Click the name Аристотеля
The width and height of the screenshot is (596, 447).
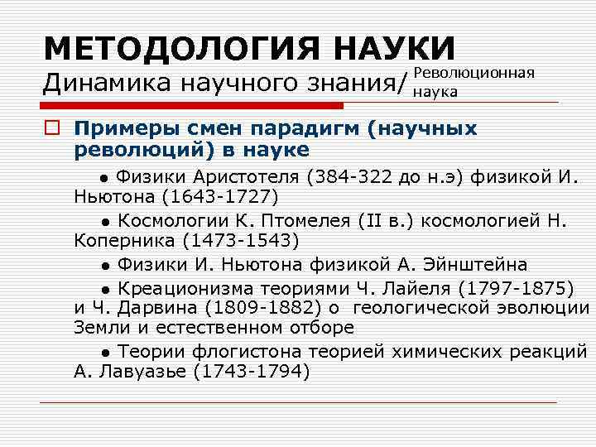click(x=246, y=176)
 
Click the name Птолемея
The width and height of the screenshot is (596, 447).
click(x=302, y=220)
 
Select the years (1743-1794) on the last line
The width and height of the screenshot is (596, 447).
click(x=251, y=372)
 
